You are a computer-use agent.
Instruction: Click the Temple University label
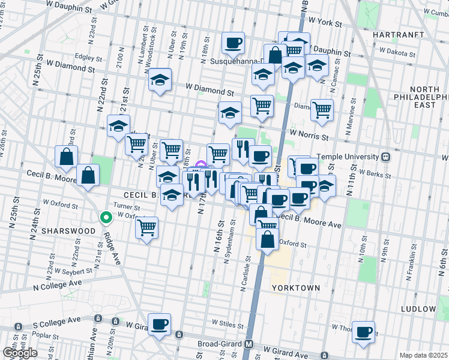click(x=350, y=157)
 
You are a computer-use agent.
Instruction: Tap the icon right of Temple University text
click(x=386, y=157)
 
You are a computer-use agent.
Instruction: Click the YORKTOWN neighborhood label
click(x=295, y=288)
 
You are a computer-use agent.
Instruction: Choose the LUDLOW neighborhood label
click(x=418, y=308)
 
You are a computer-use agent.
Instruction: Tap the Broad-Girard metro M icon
click(x=249, y=344)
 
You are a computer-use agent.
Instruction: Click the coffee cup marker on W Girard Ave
click(x=160, y=324)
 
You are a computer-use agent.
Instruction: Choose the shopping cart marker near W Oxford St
click(x=147, y=227)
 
